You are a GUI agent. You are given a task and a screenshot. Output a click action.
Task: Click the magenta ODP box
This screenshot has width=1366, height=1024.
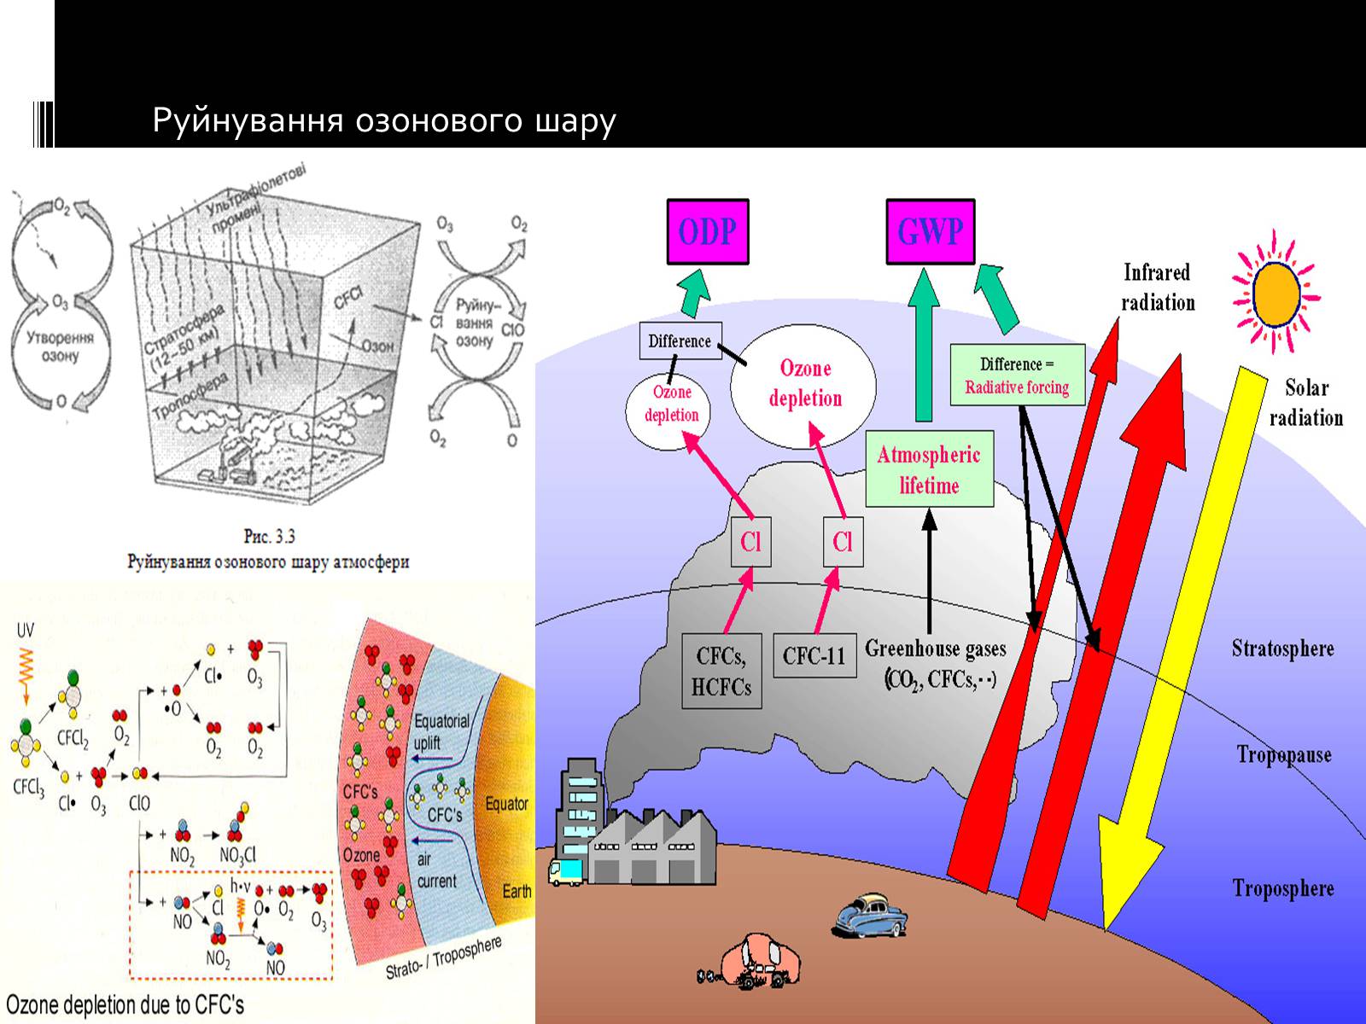click(x=707, y=232)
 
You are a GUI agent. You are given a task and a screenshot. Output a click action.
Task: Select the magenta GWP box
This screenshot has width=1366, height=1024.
click(x=930, y=232)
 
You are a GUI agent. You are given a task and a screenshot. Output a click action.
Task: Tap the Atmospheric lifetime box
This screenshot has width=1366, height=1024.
click(x=929, y=469)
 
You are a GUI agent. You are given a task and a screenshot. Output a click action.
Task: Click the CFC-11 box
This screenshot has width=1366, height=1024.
click(x=814, y=655)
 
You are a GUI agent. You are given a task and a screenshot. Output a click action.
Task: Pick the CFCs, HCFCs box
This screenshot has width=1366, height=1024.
click(x=721, y=671)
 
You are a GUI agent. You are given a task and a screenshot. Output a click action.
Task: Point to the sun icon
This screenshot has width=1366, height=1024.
click(x=1276, y=292)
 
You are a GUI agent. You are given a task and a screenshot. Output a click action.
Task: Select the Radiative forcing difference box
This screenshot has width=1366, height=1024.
click(x=1017, y=375)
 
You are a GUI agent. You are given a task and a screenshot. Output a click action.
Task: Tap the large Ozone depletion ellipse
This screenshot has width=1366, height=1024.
click(x=804, y=384)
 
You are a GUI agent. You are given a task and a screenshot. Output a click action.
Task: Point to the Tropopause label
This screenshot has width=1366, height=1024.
click(x=1283, y=755)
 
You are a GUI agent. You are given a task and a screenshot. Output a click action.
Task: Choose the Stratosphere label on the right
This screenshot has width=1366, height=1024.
click(x=1282, y=649)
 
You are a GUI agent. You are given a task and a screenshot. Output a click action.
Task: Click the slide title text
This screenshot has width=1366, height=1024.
click(x=384, y=121)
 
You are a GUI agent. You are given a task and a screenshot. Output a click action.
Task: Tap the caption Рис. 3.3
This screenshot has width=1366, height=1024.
click(x=269, y=537)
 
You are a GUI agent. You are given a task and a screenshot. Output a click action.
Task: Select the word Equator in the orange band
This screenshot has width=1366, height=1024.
click(x=506, y=804)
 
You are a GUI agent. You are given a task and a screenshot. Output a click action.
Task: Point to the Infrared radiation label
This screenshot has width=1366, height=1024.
click(x=1157, y=288)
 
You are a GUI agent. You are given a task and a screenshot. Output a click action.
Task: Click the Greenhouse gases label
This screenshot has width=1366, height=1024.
click(x=936, y=649)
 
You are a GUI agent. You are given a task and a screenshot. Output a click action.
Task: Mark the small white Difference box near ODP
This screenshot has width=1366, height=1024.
click(x=680, y=341)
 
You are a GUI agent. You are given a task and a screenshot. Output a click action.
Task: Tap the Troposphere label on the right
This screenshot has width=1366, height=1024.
click(x=1282, y=889)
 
